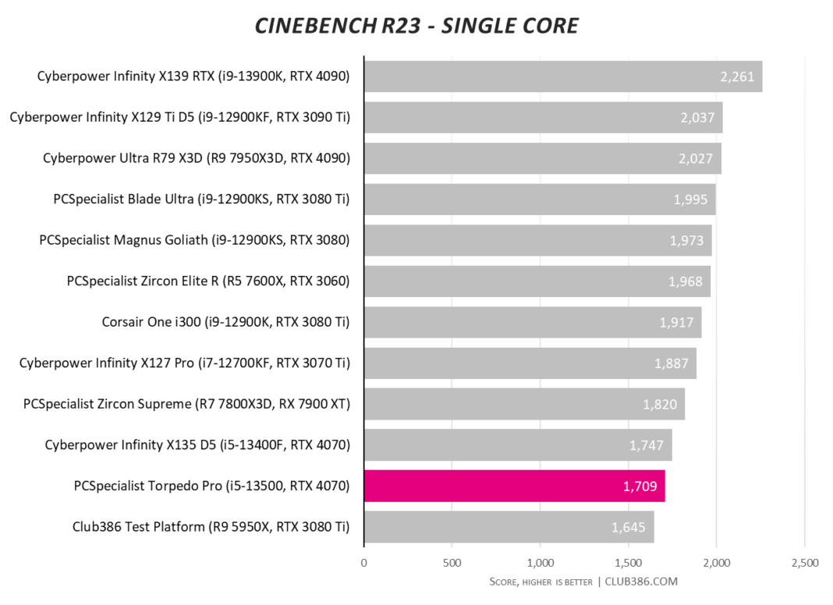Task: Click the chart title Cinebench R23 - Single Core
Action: click(416, 26)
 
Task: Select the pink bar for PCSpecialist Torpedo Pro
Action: click(514, 486)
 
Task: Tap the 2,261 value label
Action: click(737, 76)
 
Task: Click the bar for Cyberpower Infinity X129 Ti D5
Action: click(544, 118)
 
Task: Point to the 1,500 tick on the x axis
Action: click(629, 563)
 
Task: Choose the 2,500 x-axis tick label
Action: click(805, 563)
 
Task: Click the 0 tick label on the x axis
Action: click(364, 563)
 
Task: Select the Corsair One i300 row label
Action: click(225, 323)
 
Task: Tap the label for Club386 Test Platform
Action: click(211, 527)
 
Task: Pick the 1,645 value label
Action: click(628, 527)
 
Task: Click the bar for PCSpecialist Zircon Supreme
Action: click(524, 404)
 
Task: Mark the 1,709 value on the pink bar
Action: click(640, 486)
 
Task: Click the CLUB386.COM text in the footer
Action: click(641, 582)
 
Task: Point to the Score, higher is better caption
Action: click(541, 582)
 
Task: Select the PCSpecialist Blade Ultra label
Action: click(201, 199)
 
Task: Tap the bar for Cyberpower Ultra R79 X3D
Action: click(543, 158)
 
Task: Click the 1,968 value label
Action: click(686, 281)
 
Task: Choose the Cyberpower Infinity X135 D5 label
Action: click(197, 445)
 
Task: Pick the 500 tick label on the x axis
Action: click(452, 563)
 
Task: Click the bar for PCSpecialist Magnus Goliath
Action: click(538, 240)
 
